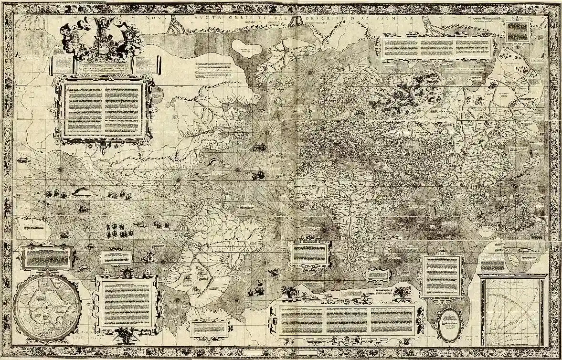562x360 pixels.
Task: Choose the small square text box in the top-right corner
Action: click(518, 32)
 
